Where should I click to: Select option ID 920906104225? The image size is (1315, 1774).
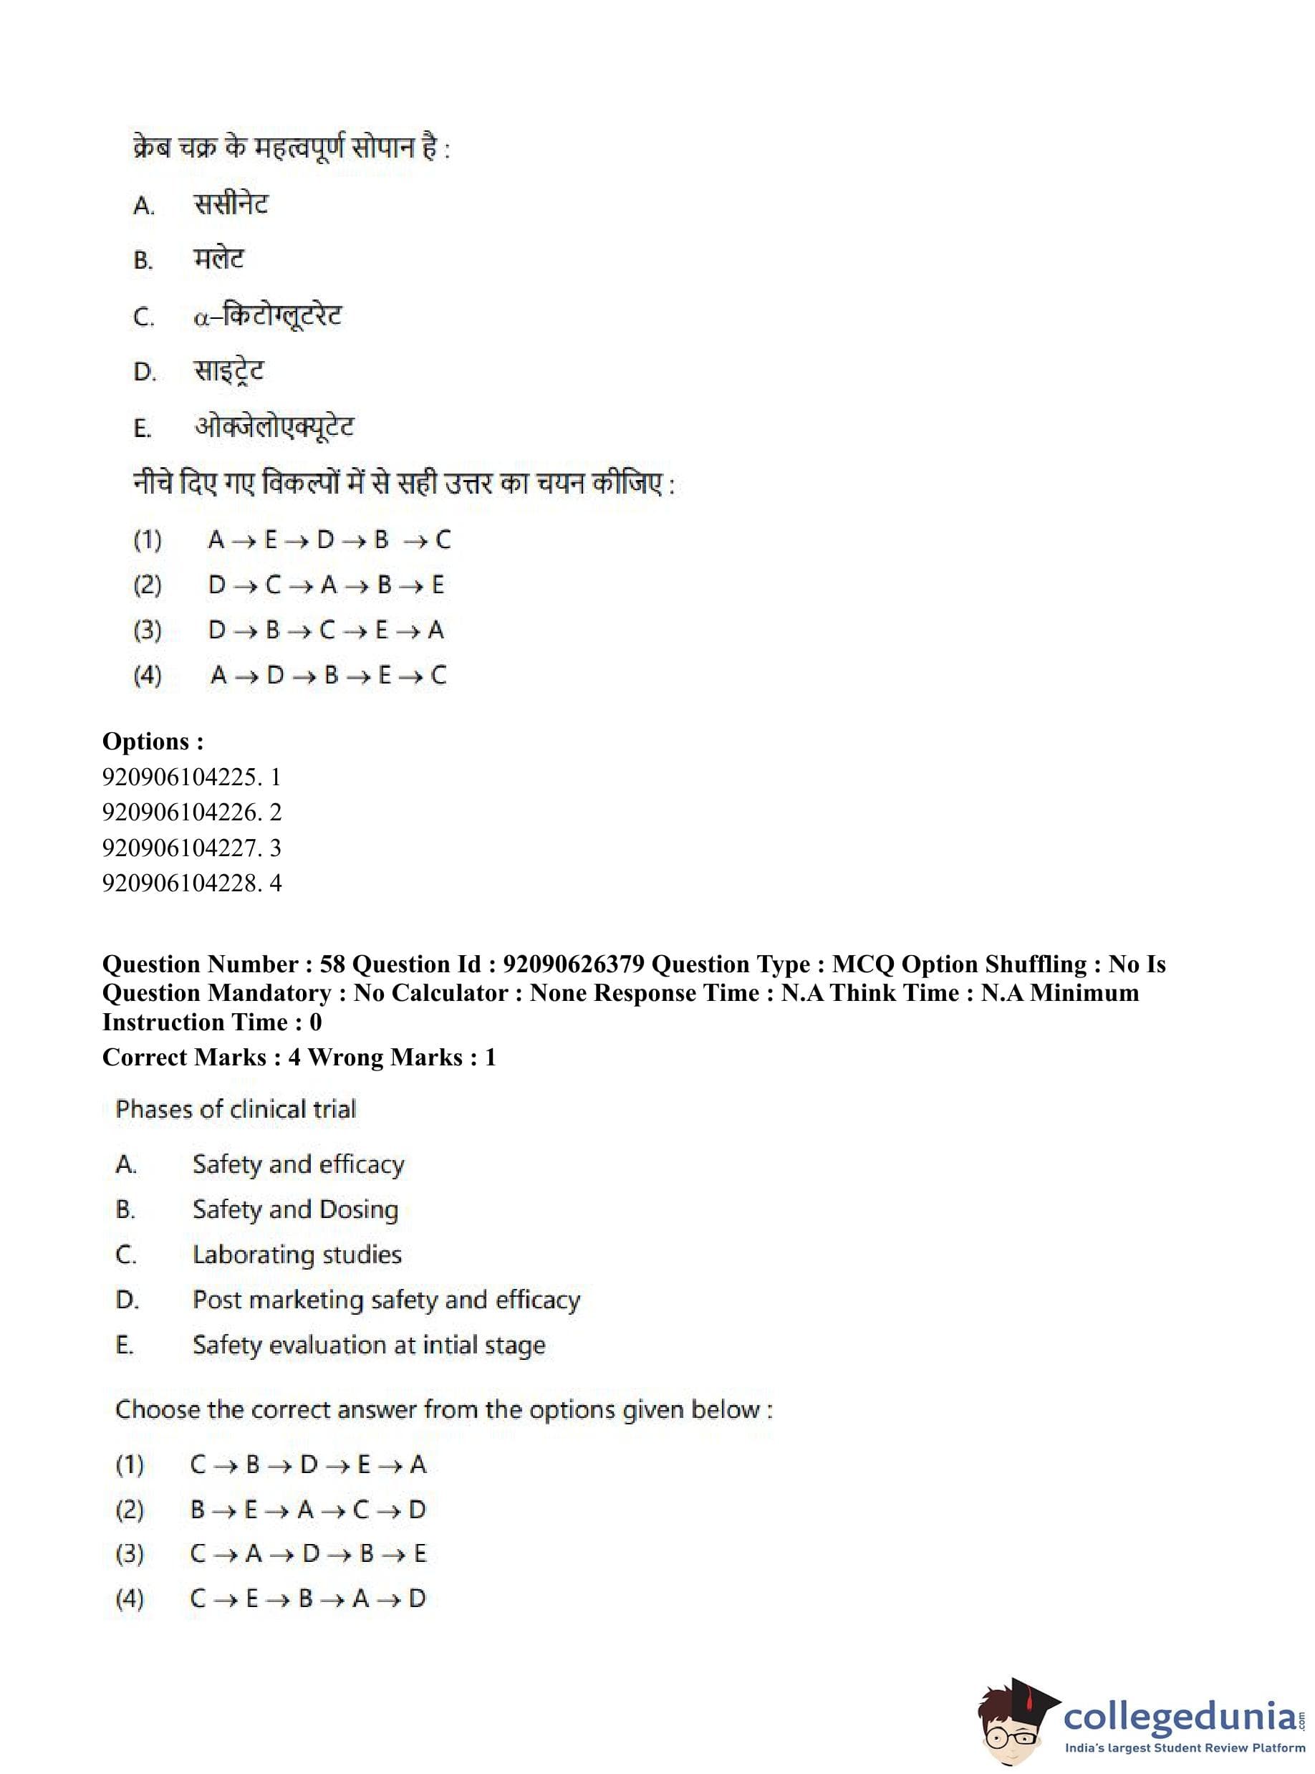[x=191, y=777]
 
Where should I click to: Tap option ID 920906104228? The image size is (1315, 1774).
[x=191, y=883]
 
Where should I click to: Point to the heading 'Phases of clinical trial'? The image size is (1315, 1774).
[x=236, y=1109]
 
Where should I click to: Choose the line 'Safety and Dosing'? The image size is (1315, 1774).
[x=295, y=1209]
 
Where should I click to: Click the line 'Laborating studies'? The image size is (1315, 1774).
[x=297, y=1255]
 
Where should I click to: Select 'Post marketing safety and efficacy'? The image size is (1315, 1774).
[x=386, y=1300]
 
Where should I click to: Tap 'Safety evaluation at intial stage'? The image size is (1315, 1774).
[x=369, y=1346]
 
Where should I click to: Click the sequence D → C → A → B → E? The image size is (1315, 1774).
[x=326, y=585]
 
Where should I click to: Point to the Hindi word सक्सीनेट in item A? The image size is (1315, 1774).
[x=231, y=205]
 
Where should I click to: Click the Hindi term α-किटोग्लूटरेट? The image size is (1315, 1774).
[x=267, y=316]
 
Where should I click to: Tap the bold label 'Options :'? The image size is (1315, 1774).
[x=153, y=742]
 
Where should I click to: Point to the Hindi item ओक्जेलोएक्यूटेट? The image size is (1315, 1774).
[x=274, y=428]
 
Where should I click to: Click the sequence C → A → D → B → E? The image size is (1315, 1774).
[x=308, y=1553]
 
